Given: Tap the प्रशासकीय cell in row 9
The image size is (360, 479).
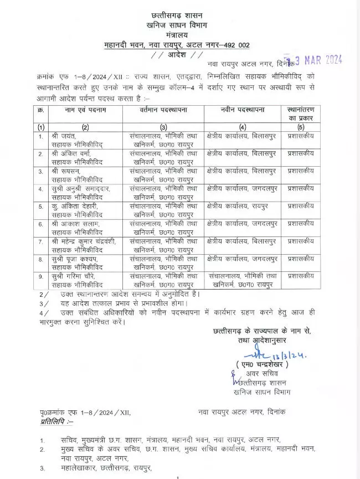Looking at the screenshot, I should pyautogui.click(x=302, y=277).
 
